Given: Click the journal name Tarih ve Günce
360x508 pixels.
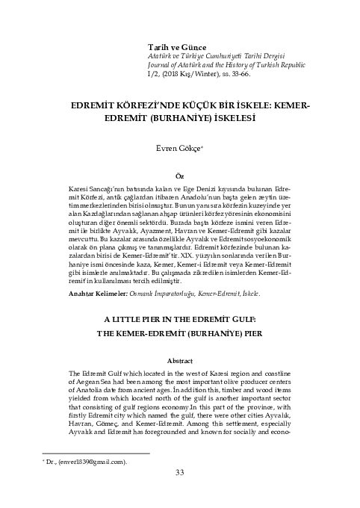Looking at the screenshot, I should tap(176, 47).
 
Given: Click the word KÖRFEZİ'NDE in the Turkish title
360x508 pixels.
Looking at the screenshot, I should tap(133, 107).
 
